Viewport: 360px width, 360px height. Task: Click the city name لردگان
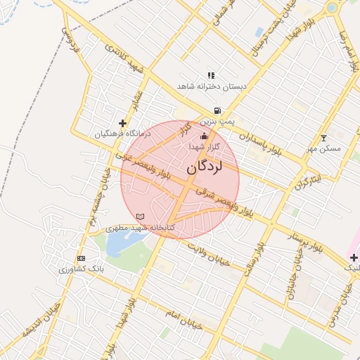click(205, 168)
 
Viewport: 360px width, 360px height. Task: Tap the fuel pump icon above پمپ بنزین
click(218, 111)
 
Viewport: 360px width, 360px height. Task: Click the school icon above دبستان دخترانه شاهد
click(211, 75)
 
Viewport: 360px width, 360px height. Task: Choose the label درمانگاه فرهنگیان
click(122, 134)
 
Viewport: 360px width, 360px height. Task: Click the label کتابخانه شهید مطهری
click(139, 227)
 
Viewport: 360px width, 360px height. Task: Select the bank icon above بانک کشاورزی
click(81, 258)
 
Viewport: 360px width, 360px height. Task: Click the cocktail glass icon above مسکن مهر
click(323, 138)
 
